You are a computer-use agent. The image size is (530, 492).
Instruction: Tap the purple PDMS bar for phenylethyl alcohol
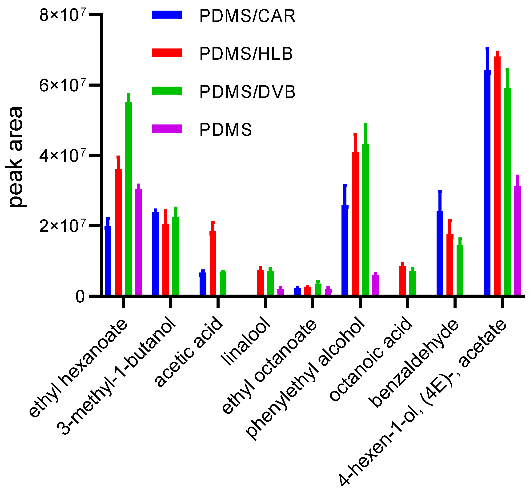point(375,285)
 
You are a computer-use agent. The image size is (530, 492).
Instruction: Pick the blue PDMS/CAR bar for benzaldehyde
point(440,253)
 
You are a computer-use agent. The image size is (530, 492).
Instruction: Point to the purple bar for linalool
point(281,291)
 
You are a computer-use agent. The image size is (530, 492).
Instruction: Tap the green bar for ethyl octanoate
point(318,289)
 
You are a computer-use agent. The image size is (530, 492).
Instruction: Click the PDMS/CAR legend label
point(247,16)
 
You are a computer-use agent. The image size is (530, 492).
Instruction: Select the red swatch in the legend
point(167,52)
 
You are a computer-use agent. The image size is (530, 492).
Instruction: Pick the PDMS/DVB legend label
point(247,92)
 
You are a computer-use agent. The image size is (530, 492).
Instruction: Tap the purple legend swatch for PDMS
point(167,129)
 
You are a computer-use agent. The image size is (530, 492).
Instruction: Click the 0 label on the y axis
point(80,296)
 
